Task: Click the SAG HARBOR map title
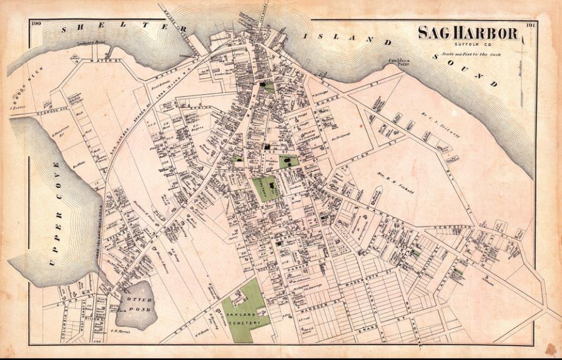tap(468, 33)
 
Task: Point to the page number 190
tap(35, 24)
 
